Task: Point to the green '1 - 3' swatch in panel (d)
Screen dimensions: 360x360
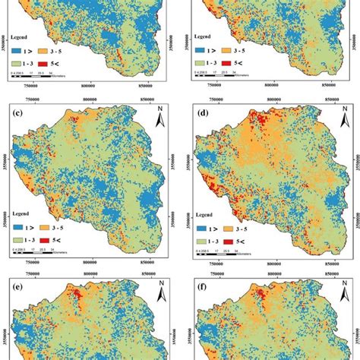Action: (x=201, y=239)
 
